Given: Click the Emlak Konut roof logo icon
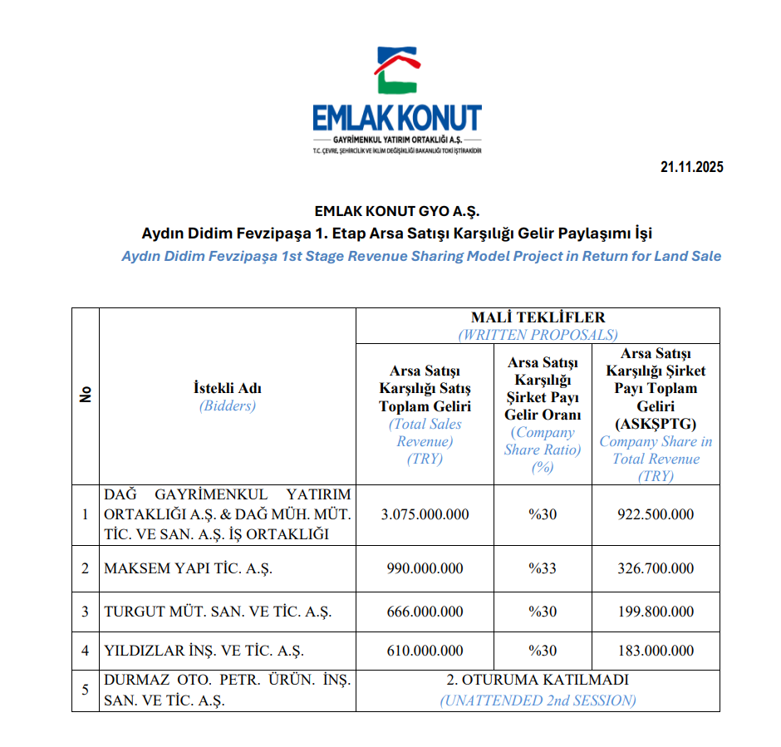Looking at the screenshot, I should [x=396, y=71].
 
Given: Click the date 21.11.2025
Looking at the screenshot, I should [x=692, y=167].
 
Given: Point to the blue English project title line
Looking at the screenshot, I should [x=421, y=256].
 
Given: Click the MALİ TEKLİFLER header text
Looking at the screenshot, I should [x=538, y=317].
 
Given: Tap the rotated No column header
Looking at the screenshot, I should [x=86, y=396].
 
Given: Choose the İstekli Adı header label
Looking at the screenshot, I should [x=227, y=388].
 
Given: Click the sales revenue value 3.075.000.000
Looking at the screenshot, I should [x=425, y=514].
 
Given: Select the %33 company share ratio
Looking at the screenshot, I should [x=543, y=568].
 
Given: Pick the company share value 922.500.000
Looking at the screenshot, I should [x=656, y=514].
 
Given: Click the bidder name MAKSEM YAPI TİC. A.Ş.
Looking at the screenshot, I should [x=188, y=569].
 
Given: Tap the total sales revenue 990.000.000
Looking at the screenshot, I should [x=425, y=568].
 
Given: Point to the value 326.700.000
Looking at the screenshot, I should [x=656, y=568].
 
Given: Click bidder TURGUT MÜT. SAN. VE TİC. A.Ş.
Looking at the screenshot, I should [x=218, y=612].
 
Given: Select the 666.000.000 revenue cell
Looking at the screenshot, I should [x=425, y=612].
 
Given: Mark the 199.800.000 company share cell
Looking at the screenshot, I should [x=656, y=612].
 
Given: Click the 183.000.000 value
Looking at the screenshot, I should [x=656, y=651].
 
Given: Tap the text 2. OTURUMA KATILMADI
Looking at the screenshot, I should [x=538, y=680].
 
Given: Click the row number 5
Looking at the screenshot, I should [x=85, y=690].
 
